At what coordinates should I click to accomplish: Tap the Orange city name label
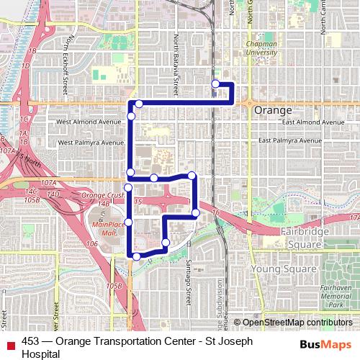(x=273, y=111)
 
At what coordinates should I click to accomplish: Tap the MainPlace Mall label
(x=104, y=229)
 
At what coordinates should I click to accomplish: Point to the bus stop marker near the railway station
(x=215, y=84)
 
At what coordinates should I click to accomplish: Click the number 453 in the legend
(x=30, y=341)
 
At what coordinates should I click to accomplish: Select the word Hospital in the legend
(x=40, y=354)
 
